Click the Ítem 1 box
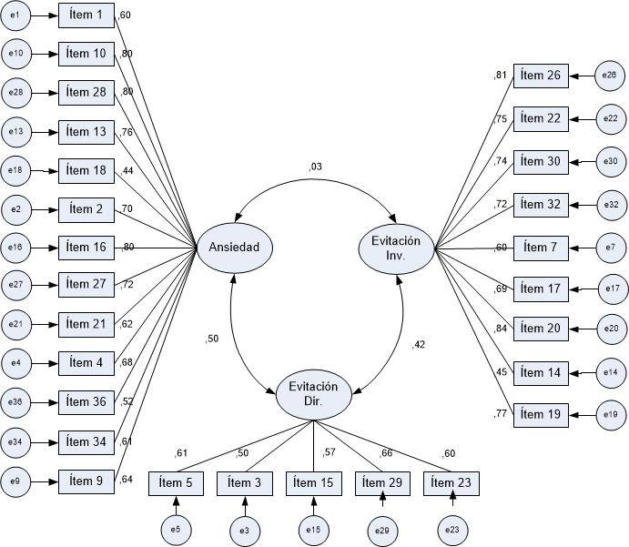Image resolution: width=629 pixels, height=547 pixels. [86, 15]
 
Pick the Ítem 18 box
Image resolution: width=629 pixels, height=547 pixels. [86, 170]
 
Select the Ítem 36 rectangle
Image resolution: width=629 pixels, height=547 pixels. [86, 402]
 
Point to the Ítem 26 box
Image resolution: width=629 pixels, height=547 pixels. [541, 76]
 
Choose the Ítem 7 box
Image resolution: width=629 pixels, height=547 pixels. [541, 248]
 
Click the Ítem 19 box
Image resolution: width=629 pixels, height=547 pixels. [541, 415]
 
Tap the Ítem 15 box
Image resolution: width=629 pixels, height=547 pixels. [313, 483]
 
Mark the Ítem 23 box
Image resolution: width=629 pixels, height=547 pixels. [451, 483]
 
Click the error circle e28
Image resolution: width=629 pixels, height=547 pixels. [16, 93]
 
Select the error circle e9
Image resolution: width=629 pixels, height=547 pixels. [16, 480]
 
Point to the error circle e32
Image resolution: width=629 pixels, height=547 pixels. [612, 205]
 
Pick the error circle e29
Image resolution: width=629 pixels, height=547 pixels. [382, 528]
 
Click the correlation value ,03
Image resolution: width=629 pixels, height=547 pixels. [315, 167]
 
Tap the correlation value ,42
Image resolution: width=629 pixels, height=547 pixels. [418, 344]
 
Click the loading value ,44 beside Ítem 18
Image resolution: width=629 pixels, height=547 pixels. [126, 170]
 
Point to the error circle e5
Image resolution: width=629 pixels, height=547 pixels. [175, 528]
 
